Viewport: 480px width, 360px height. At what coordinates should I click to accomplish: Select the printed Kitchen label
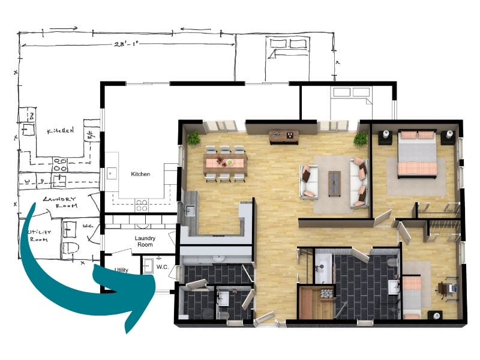[140, 175]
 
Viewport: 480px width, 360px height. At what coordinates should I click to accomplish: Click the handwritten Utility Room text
[42, 236]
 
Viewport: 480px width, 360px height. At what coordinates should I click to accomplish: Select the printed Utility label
[122, 270]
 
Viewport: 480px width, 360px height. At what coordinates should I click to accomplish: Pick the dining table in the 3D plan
[225, 161]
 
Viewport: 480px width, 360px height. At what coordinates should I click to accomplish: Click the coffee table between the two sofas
[334, 180]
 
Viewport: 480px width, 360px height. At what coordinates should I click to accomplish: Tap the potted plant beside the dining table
[193, 139]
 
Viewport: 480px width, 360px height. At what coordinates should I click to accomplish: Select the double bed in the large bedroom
[417, 155]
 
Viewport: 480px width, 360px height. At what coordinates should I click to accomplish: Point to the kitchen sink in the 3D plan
[190, 211]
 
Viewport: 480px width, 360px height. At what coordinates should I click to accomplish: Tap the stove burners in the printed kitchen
[142, 203]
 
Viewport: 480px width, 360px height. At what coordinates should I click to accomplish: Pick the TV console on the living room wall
[283, 136]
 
